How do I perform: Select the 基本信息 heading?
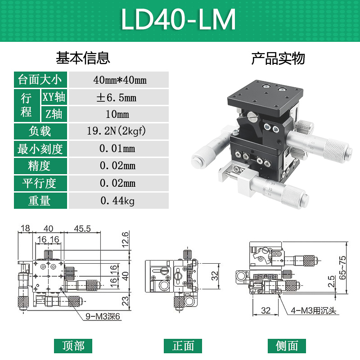pyautogui.click(x=83, y=58)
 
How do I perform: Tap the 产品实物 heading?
pyautogui.click(x=278, y=58)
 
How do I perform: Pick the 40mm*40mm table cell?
pyautogui.click(x=119, y=80)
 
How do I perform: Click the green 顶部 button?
pyautogui.click(x=73, y=346)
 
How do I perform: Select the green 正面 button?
pyautogui.click(x=183, y=346)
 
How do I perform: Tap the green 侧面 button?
pyautogui.click(x=287, y=346)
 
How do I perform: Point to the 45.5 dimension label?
pyautogui.click(x=82, y=229)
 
